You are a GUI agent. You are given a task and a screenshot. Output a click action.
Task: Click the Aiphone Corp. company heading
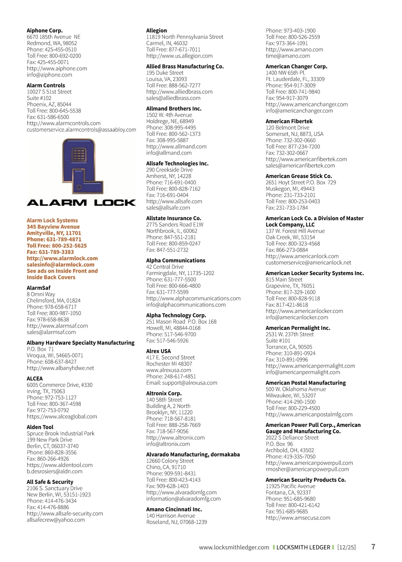pos(45,30)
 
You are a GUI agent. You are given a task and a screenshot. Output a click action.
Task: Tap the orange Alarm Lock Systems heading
pos(52,220)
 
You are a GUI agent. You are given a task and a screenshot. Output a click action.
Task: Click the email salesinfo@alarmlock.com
pos(60,265)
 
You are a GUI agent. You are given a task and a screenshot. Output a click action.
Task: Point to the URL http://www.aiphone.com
pos(57,69)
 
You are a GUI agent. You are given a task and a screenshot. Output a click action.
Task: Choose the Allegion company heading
pos(156,30)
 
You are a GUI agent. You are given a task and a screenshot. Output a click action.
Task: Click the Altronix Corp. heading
pos(164,393)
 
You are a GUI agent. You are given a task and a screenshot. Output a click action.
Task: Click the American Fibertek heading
pos(289,121)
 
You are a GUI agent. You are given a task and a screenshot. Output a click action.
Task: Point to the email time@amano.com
pos(287,56)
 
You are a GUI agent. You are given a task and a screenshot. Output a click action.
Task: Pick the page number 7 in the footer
pos(373,547)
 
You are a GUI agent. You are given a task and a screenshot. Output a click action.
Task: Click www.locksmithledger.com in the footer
pos(234,547)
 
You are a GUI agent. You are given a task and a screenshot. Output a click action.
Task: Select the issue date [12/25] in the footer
pos(346,547)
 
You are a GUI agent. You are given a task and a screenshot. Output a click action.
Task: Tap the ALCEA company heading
pos(35,378)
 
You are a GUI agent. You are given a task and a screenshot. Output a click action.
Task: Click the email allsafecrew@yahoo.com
pos(56,520)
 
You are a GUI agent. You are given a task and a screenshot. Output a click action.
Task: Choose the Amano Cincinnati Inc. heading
pos(174,509)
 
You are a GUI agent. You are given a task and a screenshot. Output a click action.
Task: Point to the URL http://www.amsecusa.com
pos(298,518)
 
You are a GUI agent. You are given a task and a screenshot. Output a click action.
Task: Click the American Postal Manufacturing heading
pos(306,383)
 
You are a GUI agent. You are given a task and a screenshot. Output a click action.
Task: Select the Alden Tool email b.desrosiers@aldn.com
pos(55,471)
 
